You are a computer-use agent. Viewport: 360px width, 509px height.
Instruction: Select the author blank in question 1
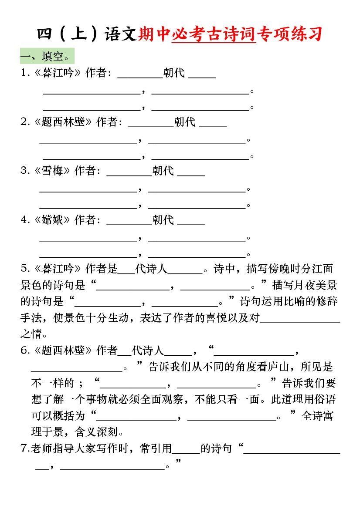click(140, 75)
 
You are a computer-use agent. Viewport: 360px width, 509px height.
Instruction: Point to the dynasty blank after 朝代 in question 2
click(213, 124)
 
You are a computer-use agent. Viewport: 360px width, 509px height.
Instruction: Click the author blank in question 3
click(129, 173)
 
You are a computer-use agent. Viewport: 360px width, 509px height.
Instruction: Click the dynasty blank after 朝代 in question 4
click(191, 222)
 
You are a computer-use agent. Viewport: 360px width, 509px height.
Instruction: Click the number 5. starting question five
click(25, 269)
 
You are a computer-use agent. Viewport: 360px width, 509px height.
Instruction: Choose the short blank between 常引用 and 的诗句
click(186, 451)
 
